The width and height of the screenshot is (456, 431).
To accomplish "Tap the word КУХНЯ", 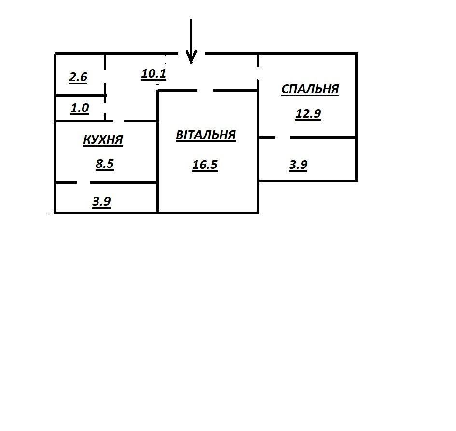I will [x=103, y=140].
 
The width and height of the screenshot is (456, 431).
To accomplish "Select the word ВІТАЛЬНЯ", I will [x=206, y=135].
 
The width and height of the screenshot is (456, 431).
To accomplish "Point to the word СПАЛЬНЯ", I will [x=310, y=90].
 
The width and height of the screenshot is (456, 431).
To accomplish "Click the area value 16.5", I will [x=205, y=165].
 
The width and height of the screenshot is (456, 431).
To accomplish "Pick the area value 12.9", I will [x=308, y=114].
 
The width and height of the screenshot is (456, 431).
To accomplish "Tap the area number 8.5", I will [x=104, y=164].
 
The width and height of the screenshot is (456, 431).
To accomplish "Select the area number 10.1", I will [x=153, y=74].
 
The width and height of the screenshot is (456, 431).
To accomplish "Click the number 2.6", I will [x=78, y=77].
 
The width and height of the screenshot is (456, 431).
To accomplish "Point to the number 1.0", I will [x=80, y=108].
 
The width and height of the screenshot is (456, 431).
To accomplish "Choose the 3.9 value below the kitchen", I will [x=101, y=202].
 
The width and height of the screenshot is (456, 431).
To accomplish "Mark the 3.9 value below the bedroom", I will [x=298, y=165].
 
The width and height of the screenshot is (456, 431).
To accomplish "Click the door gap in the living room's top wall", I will [x=205, y=90].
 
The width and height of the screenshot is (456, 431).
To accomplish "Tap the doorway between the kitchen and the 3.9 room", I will [x=83, y=183].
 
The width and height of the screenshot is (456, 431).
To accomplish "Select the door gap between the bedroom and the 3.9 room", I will [x=282, y=138].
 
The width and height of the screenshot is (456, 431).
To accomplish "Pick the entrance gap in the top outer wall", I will [x=192, y=53].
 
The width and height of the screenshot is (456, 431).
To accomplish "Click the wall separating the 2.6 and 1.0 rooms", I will [x=80, y=96].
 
